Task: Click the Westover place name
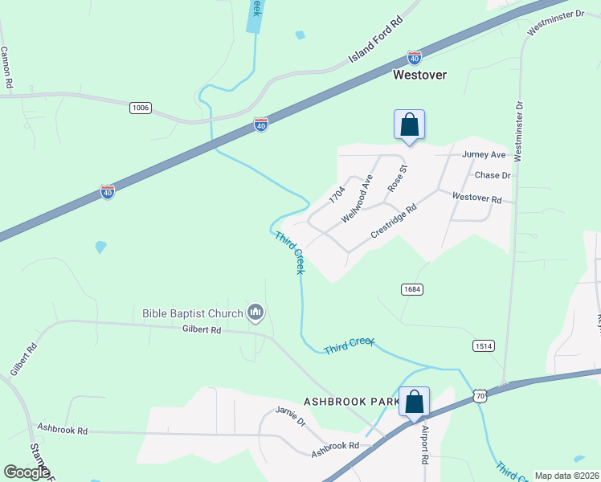click(419, 75)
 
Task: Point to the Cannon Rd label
click(6, 67)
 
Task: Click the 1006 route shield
click(140, 107)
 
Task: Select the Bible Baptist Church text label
click(192, 313)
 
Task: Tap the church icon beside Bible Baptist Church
click(256, 312)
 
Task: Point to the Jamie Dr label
click(291, 415)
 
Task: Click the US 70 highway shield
click(480, 396)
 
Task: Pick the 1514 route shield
click(483, 345)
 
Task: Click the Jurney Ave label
click(484, 154)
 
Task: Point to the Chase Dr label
click(493, 175)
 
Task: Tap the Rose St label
click(398, 178)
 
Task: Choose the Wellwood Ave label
click(357, 198)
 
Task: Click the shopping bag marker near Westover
click(409, 125)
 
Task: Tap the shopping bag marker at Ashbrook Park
click(414, 402)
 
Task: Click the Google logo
click(27, 472)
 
